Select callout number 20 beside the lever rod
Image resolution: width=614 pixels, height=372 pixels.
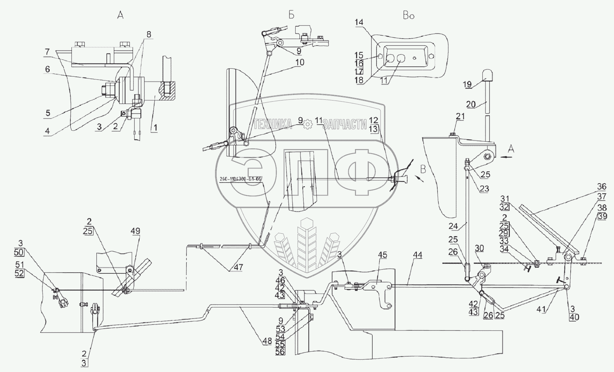click(x=471, y=105)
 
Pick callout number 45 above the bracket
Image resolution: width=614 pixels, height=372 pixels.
click(x=382, y=255)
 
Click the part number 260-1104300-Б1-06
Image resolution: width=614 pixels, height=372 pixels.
click(x=240, y=179)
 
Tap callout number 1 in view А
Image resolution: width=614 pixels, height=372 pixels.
click(x=156, y=128)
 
